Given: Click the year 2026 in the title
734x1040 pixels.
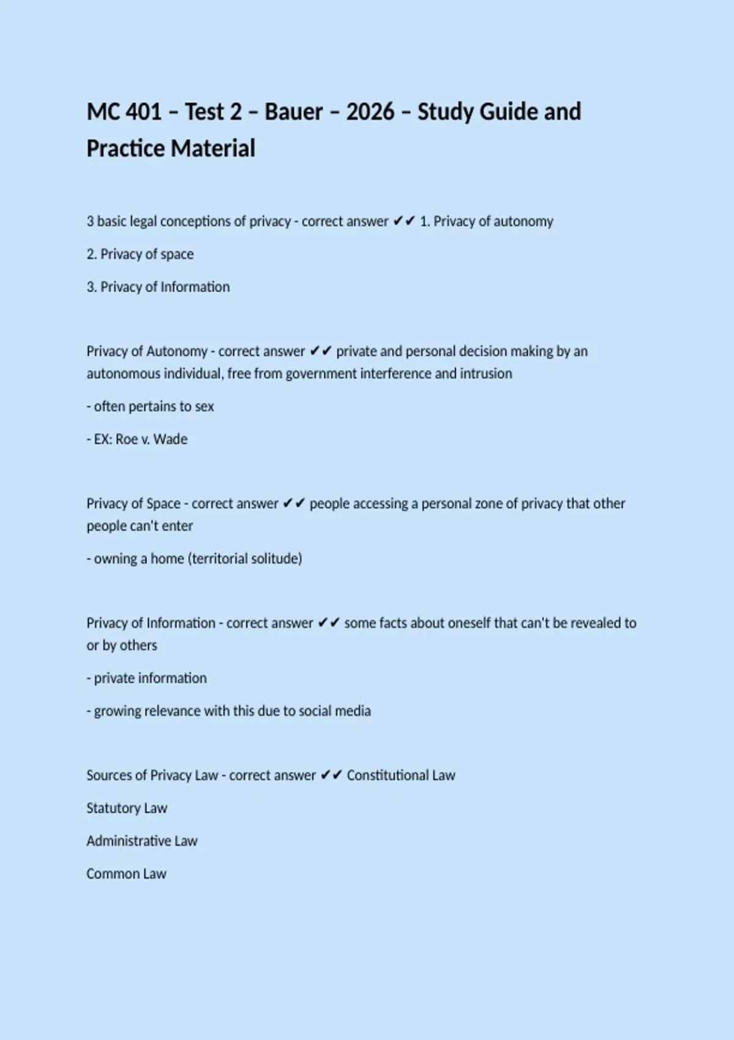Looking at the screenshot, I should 370,112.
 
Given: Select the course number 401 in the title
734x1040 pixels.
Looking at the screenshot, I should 143,112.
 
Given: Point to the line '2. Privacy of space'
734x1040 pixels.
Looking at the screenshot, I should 140,254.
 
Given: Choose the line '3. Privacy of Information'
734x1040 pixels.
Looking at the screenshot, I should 158,287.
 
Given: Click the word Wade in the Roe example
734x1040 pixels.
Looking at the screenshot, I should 171,439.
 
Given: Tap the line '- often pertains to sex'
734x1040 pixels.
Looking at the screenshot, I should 150,406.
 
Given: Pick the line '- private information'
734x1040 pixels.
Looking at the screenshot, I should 147,678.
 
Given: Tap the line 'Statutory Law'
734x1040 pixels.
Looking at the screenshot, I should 127,808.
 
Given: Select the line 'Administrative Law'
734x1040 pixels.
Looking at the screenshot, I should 142,841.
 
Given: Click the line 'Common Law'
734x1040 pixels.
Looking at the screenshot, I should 126,874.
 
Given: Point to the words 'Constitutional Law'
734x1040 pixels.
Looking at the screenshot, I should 401,775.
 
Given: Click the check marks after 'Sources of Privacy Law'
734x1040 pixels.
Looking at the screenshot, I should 331,775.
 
